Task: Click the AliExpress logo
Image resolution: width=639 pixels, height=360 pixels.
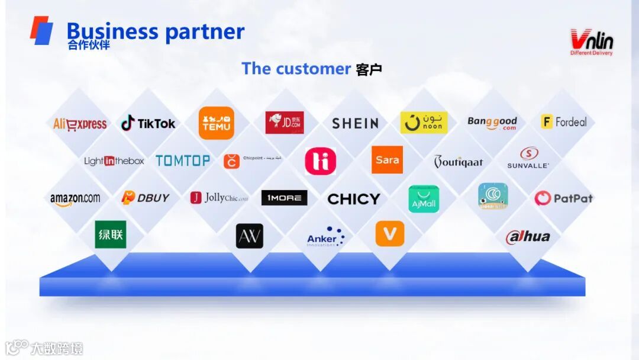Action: pyautogui.click(x=80, y=124)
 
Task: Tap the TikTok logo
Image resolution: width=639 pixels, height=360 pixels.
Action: pyautogui.click(x=148, y=123)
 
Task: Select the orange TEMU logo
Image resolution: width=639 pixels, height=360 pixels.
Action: pyautogui.click(x=217, y=123)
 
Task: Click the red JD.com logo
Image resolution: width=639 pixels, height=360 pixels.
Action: pyautogui.click(x=285, y=123)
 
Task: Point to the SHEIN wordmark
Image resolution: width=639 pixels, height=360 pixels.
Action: pyautogui.click(x=355, y=123)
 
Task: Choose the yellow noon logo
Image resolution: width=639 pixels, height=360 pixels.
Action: pyautogui.click(x=424, y=123)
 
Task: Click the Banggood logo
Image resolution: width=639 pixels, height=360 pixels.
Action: pyautogui.click(x=492, y=123)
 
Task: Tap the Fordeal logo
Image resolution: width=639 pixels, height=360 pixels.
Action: pyautogui.click(x=564, y=122)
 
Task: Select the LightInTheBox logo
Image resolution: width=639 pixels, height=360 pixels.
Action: pyautogui.click(x=114, y=160)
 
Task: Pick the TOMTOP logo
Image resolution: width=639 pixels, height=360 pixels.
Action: pyautogui.click(x=183, y=160)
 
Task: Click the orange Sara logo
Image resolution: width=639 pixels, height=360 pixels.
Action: pyautogui.click(x=387, y=160)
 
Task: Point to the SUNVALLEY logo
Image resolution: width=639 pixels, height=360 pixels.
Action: pyautogui.click(x=528, y=157)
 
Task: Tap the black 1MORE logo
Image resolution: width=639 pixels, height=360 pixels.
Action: pyautogui.click(x=284, y=198)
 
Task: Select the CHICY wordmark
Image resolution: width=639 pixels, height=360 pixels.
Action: pyautogui.click(x=354, y=199)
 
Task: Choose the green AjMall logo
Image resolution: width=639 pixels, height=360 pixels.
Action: pyautogui.click(x=424, y=199)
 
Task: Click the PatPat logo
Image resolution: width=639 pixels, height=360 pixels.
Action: pyautogui.click(x=563, y=198)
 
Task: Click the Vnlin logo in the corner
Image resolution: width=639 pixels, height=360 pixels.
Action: pyautogui.click(x=591, y=42)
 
